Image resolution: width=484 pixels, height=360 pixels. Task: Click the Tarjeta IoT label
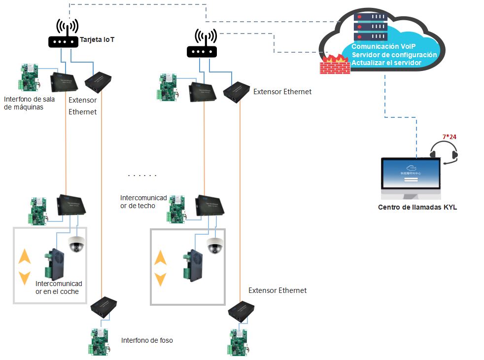(98, 40)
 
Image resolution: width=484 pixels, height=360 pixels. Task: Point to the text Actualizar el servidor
(386, 63)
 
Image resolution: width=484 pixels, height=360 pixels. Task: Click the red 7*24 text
(449, 136)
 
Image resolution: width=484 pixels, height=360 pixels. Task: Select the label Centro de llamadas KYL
(417, 208)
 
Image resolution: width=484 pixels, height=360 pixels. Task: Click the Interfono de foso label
(147, 340)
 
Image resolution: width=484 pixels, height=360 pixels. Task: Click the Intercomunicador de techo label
(143, 201)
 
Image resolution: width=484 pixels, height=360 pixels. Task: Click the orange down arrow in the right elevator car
(160, 279)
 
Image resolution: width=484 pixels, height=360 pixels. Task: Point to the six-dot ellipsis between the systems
(142, 176)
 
